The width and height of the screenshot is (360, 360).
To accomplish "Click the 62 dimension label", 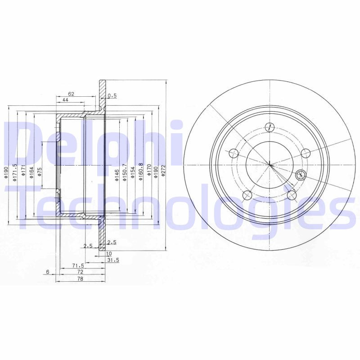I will (71, 94).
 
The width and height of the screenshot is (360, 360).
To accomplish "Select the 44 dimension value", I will (65, 100).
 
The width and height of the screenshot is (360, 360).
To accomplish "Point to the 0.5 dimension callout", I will (112, 95).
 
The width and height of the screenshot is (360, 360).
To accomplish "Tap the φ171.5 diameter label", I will (15, 172).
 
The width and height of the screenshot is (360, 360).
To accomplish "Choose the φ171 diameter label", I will (23, 172).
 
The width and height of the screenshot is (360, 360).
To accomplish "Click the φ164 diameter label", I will (31, 173).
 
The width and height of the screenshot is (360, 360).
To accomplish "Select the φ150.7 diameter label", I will (124, 173).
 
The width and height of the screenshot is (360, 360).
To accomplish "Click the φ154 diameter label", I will (133, 173).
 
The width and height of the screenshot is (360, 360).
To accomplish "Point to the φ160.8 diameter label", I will (141, 172).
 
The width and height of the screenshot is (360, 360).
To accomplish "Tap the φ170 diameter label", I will (149, 173).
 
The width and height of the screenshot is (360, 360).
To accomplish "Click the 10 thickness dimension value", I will (108, 254).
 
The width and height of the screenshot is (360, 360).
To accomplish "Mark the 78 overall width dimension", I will (80, 279).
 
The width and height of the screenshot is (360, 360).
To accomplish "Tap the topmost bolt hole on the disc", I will (269, 126).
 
